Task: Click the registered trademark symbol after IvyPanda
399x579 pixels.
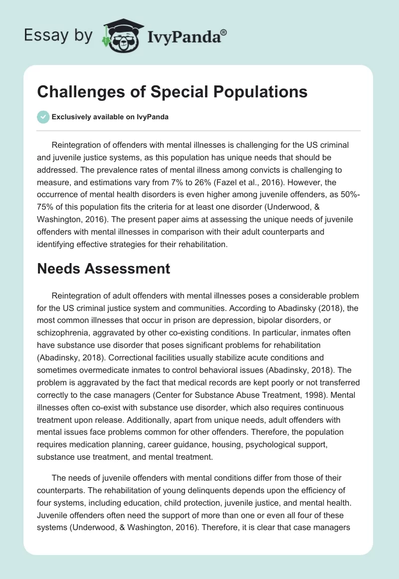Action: pyautogui.click(x=224, y=31)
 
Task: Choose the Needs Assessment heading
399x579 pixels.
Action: pyautogui.click(x=104, y=269)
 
